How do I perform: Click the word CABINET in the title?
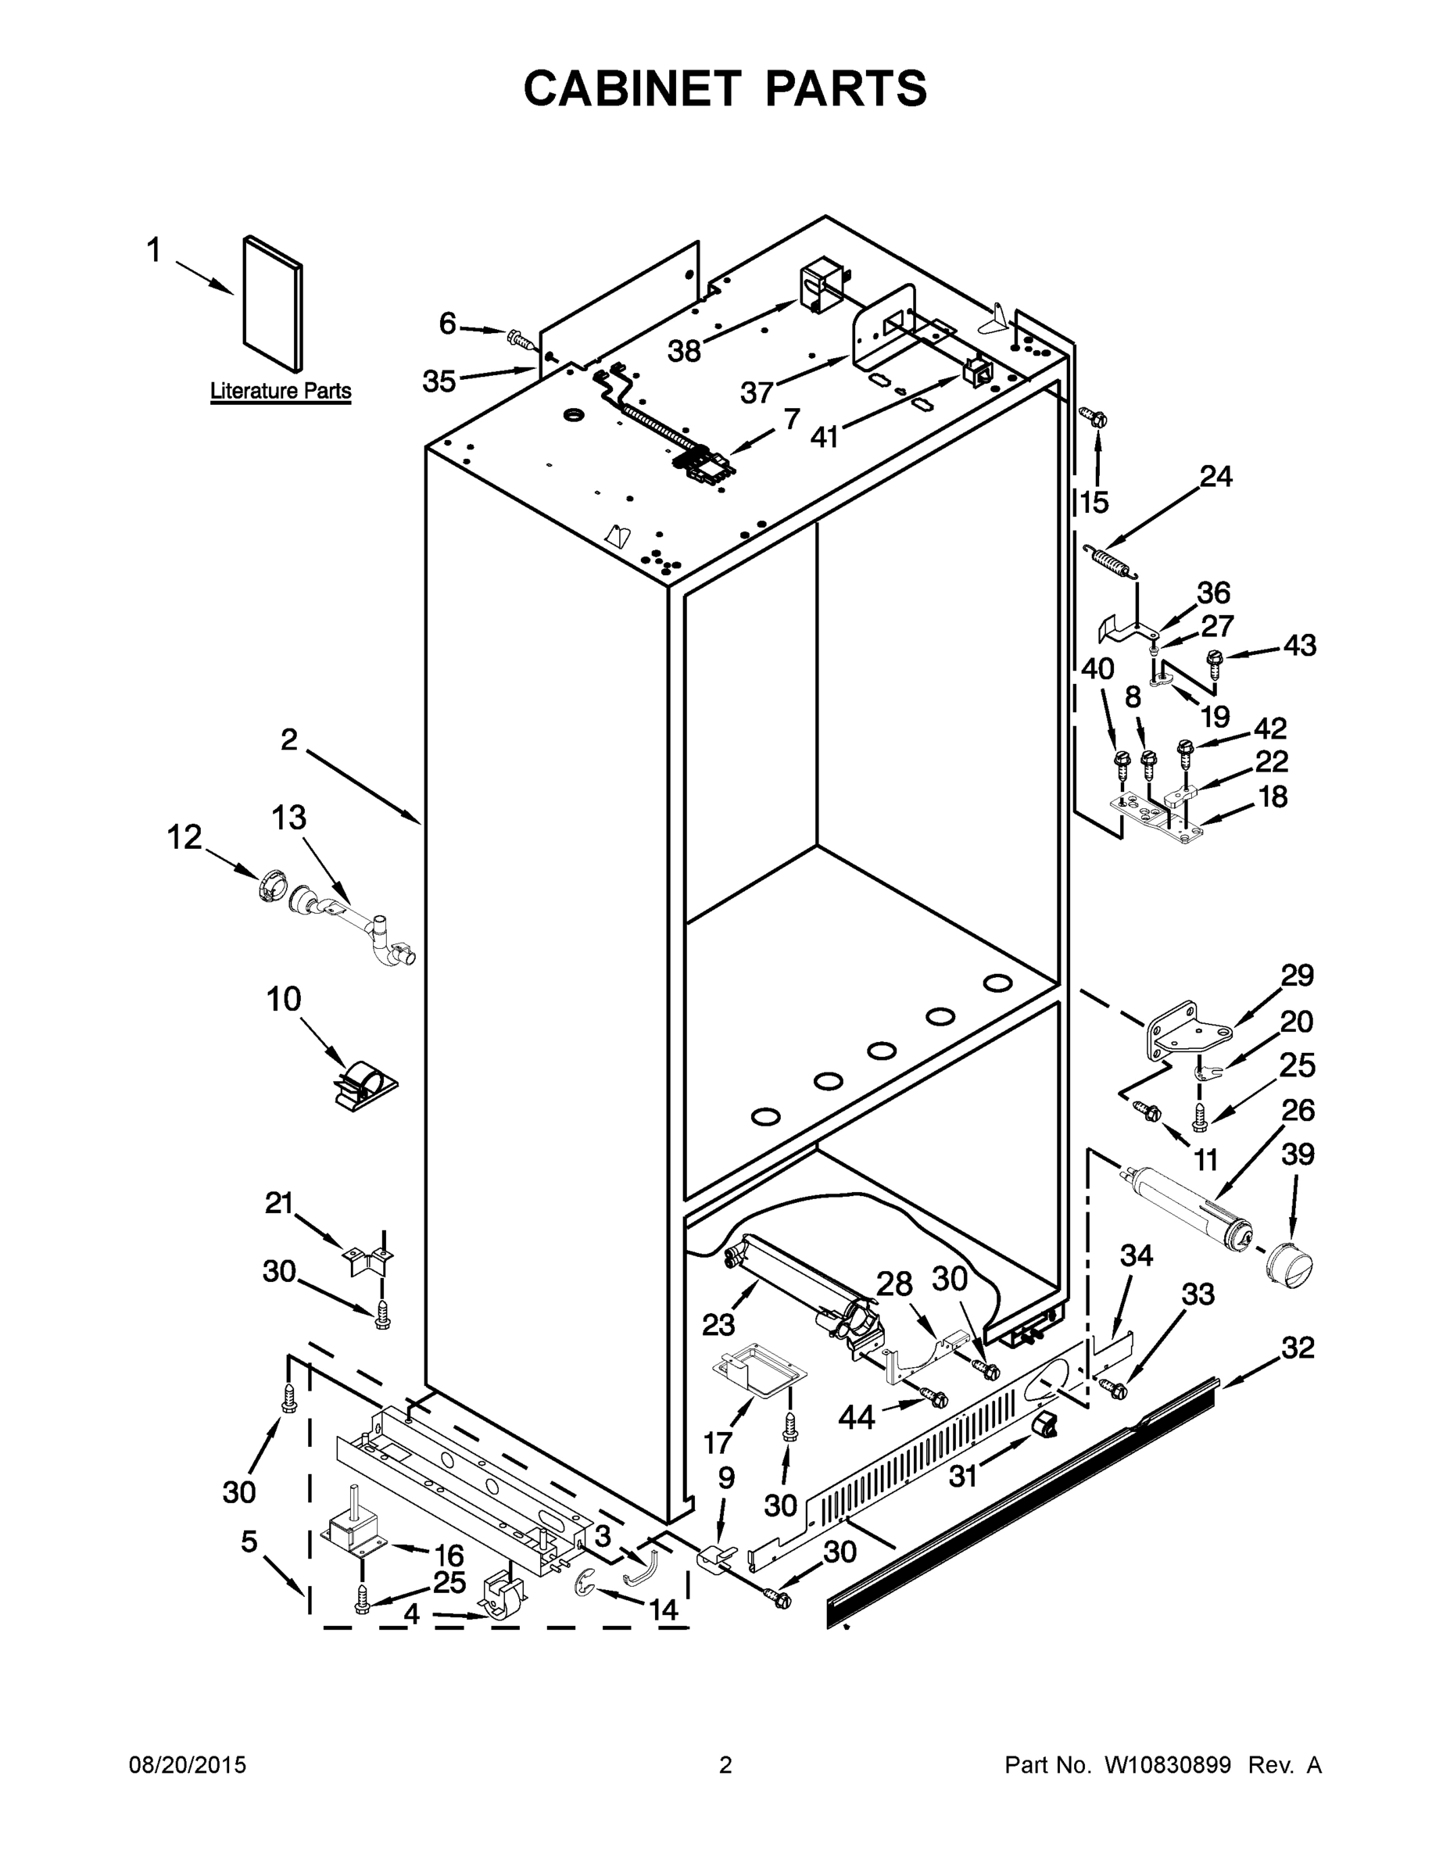click(632, 88)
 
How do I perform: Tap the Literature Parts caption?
click(281, 392)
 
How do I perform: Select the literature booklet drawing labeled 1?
click(272, 304)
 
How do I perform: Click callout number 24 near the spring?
click(1215, 477)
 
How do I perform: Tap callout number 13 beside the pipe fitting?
click(288, 818)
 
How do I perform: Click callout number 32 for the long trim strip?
click(1297, 1348)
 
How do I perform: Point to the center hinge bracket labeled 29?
click(1187, 1030)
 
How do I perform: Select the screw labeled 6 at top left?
click(517, 338)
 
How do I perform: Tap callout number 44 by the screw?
click(856, 1416)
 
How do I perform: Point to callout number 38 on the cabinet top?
click(685, 351)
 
